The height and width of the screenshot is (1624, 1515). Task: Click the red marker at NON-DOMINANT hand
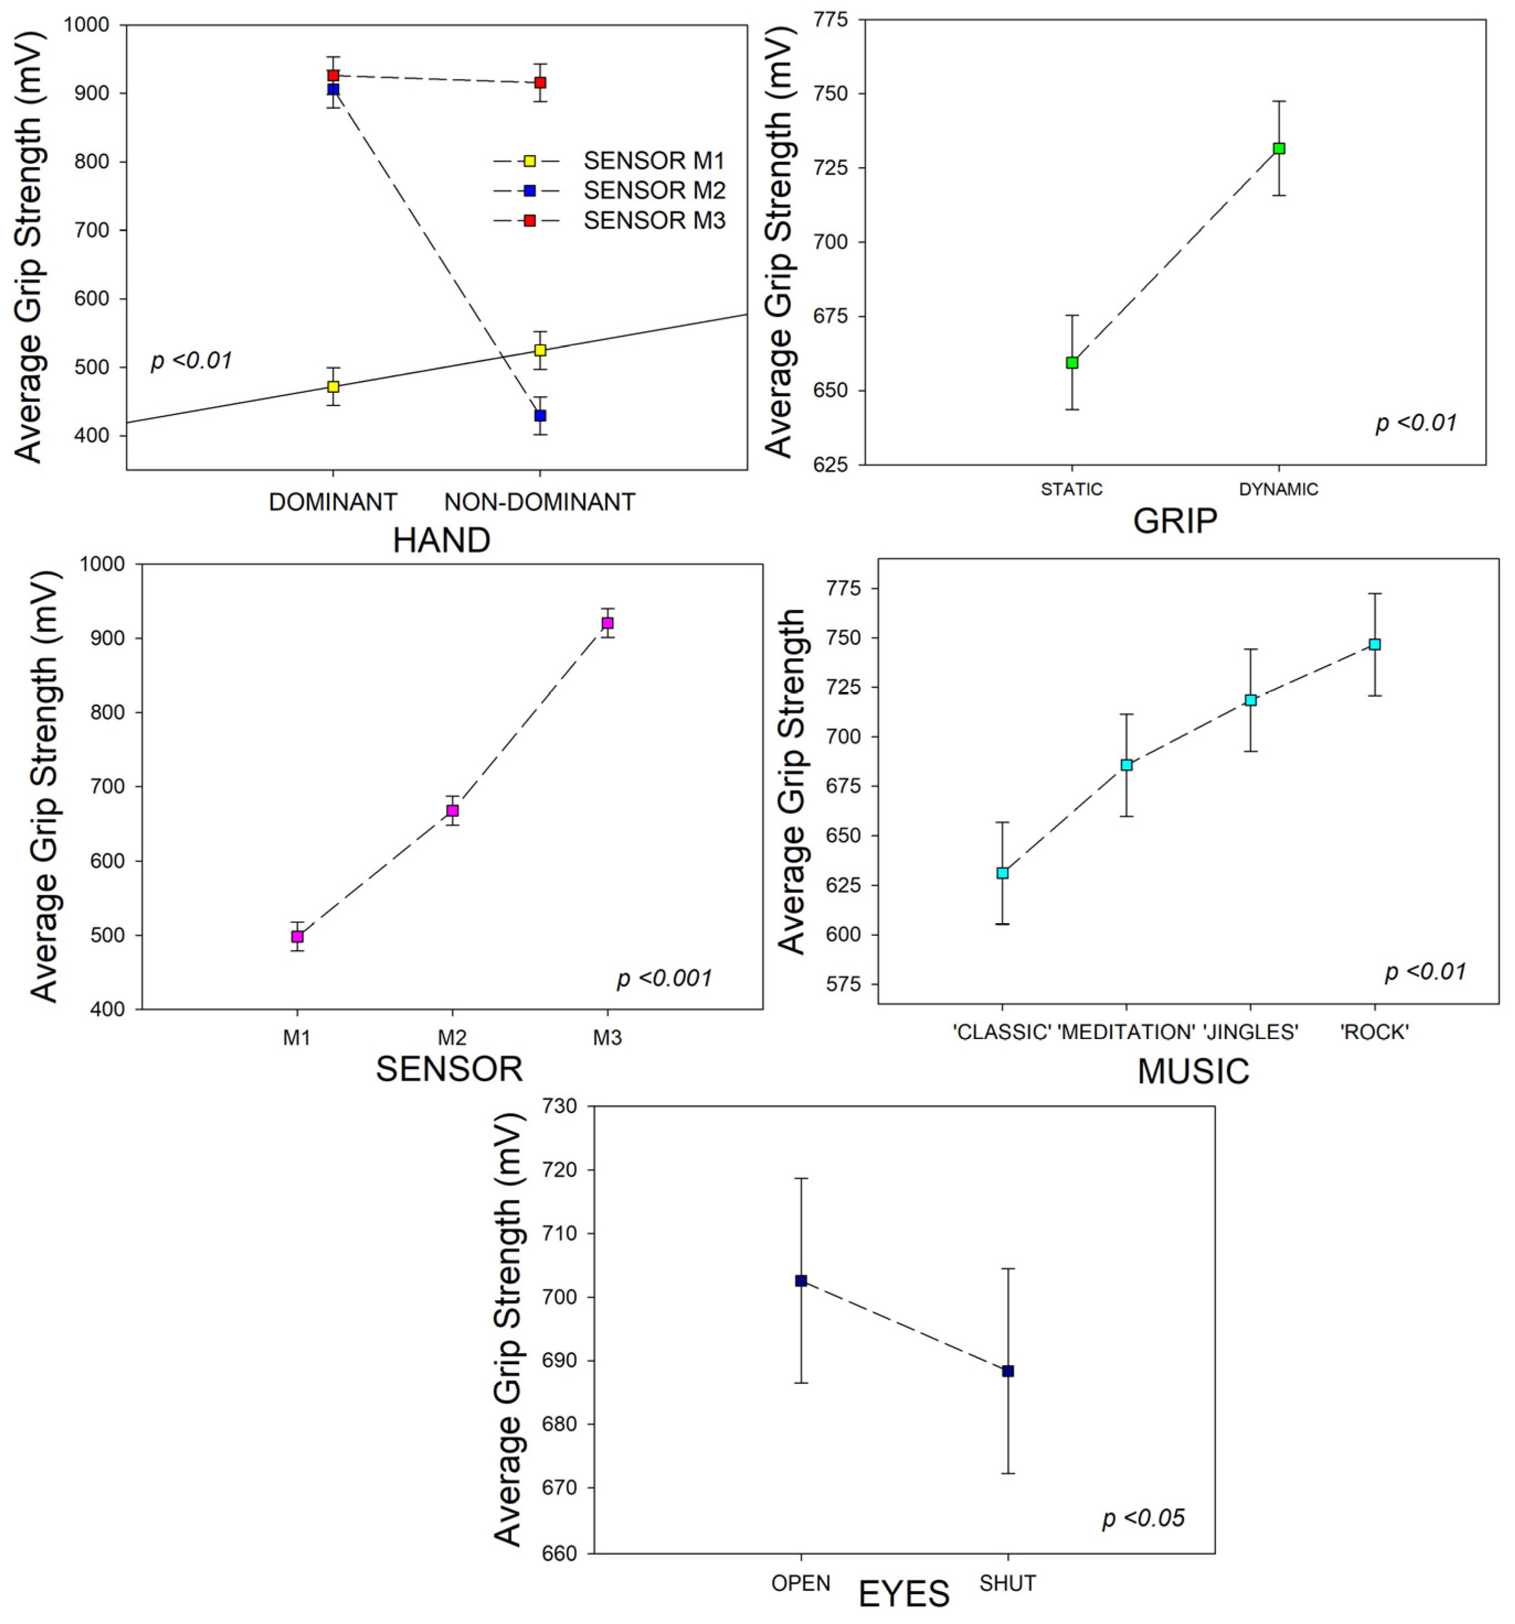click(540, 83)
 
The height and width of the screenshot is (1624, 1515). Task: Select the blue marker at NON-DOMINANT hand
click(540, 416)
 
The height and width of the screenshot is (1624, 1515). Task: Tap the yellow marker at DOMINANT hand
click(333, 386)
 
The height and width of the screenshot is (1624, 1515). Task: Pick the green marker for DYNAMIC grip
click(1279, 148)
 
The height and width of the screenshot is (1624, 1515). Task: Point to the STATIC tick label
click(1071, 489)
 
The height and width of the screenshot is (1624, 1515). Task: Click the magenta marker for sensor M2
click(452, 811)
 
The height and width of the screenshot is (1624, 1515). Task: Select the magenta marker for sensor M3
click(607, 624)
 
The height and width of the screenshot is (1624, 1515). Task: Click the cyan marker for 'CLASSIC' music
click(1003, 874)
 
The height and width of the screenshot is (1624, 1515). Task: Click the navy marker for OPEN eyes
click(801, 1281)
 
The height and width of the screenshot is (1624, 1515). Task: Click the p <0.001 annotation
click(664, 978)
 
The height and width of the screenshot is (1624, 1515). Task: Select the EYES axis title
click(904, 1594)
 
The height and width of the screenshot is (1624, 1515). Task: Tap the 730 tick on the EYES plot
click(560, 1107)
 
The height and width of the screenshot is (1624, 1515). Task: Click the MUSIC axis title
click(1193, 1071)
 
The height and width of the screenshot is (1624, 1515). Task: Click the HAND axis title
click(441, 540)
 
